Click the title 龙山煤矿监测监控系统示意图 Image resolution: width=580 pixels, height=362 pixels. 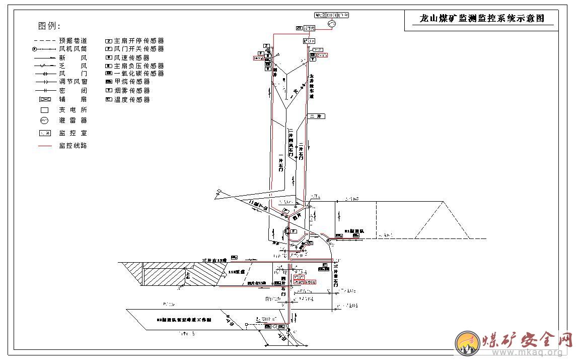pos(482,19)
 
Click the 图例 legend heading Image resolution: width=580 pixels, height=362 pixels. pos(49,26)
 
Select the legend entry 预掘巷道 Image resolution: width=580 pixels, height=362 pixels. pos(73,40)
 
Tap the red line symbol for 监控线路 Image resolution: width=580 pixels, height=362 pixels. pos(45,146)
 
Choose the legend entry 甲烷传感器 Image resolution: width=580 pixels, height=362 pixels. pos(132,82)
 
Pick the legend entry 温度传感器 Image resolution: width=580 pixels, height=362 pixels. pos(132,100)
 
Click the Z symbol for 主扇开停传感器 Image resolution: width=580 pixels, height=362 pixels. pos(108,40)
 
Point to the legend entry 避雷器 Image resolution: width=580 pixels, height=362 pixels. pos(73,120)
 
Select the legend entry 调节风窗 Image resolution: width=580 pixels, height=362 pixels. pos(73,82)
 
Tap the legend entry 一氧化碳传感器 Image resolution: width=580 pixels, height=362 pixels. pos(138,74)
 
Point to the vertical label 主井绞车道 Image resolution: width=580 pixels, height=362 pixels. pos(312,86)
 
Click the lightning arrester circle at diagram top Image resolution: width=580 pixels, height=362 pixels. pos(331,24)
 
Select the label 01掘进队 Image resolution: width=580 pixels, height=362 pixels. pos(353,231)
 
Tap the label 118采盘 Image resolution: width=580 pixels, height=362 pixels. pos(236,272)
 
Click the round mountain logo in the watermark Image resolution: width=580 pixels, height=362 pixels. pos(467,343)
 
